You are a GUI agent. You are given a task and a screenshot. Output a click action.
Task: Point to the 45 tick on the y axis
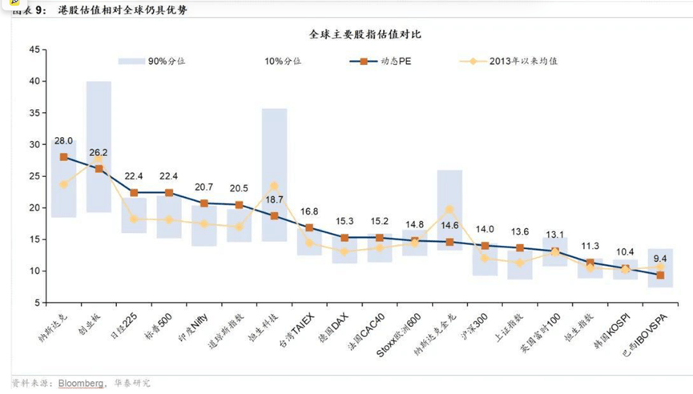[x=34, y=50]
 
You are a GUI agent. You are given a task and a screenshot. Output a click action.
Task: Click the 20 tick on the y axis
[x=34, y=207]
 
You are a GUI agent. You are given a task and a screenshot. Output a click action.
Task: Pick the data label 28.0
[x=64, y=141]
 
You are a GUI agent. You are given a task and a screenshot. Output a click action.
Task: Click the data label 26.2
[x=99, y=152]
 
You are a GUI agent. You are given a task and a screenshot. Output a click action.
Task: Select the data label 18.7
[x=274, y=199]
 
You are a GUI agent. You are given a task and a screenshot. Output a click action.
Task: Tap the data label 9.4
[x=660, y=259]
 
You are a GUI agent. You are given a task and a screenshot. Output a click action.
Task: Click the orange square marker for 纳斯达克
[x=64, y=157]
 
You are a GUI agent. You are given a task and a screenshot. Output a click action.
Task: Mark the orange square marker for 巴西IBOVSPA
[x=660, y=275]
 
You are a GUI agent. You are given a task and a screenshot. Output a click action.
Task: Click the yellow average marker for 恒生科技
[x=274, y=186]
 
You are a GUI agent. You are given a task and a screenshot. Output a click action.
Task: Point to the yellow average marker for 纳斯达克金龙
[x=449, y=210]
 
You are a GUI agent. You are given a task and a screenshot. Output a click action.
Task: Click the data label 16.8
[x=309, y=211]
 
